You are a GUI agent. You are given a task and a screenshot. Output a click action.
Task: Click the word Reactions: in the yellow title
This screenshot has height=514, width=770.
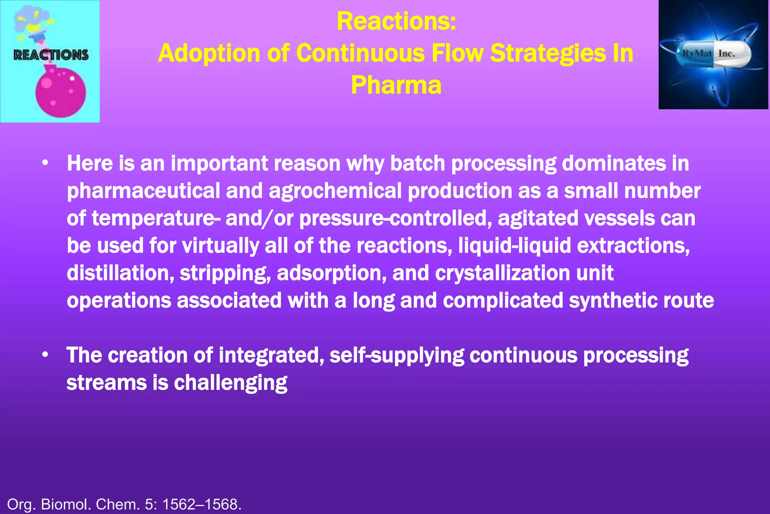(396, 21)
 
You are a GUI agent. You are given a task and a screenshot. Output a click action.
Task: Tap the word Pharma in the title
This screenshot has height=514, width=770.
(396, 85)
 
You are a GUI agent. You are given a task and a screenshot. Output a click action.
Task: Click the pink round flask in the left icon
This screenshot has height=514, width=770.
(61, 93)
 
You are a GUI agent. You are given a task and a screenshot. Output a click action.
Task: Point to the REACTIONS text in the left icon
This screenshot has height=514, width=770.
(51, 55)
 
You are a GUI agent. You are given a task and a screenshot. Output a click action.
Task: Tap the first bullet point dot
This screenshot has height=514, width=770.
(45, 164)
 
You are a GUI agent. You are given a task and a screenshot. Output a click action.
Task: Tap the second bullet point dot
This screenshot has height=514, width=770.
(45, 355)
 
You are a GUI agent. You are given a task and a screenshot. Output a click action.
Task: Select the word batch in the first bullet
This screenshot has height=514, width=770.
(417, 164)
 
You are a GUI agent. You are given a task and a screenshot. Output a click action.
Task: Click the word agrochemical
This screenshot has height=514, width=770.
(335, 191)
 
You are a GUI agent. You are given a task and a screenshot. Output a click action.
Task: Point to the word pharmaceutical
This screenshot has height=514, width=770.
(143, 191)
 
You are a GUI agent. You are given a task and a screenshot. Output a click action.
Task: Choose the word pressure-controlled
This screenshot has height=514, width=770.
(395, 219)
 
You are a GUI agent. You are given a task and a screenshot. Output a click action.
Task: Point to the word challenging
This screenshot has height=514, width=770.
(230, 383)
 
